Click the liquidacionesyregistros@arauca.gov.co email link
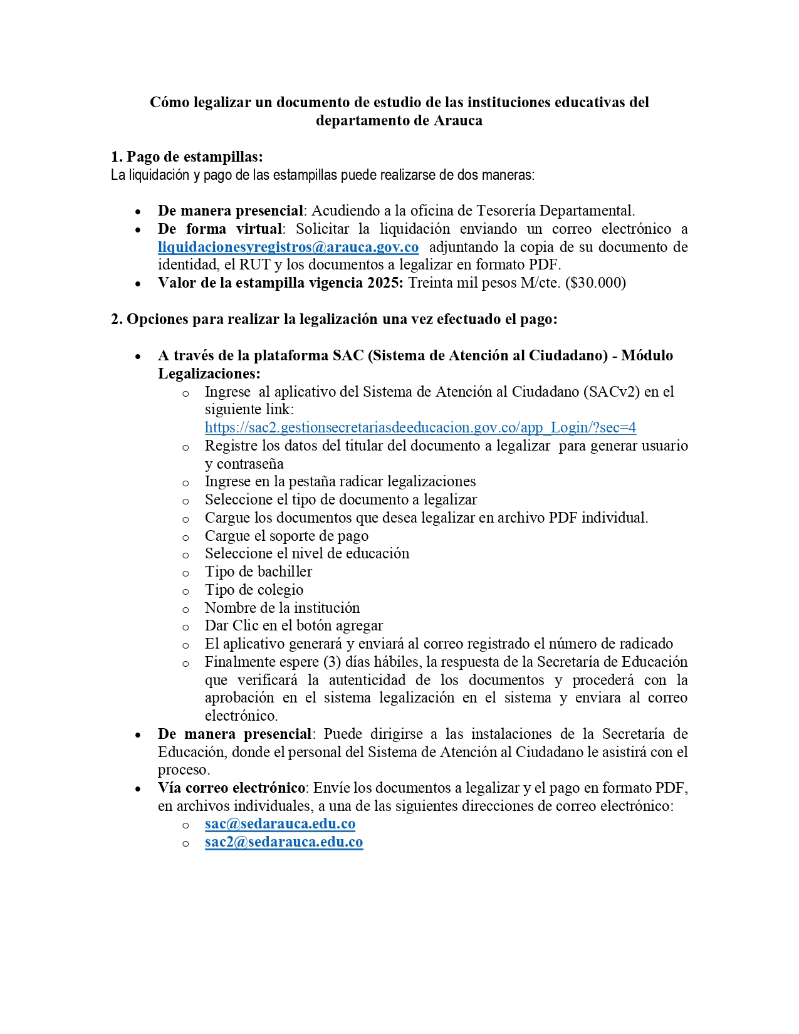(288, 247)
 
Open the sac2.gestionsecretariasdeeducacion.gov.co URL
(420, 427)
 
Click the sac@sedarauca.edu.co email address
(279, 823)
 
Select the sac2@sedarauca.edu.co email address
(283, 842)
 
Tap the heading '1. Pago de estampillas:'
(187, 157)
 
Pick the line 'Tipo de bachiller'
(258, 572)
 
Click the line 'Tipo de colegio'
(254, 590)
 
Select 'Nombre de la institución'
(282, 608)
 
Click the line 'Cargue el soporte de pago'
(286, 536)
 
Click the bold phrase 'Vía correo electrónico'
(231, 788)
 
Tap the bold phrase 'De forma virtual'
(219, 229)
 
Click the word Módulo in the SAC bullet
(647, 355)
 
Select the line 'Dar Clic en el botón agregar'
(293, 625)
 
